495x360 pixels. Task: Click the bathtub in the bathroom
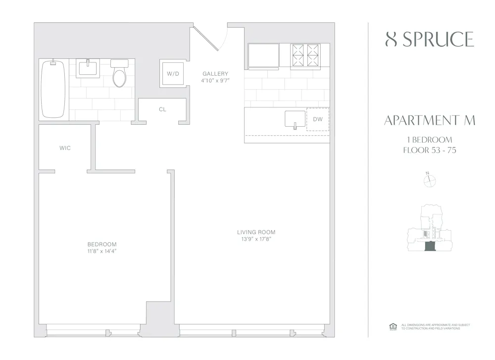point(53,89)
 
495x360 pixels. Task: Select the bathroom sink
point(88,68)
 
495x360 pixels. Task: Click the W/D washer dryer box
point(173,74)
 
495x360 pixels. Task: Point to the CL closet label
point(162,109)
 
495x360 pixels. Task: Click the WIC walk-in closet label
point(65,148)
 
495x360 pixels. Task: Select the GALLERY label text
point(215,74)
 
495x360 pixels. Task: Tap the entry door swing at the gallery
point(211,38)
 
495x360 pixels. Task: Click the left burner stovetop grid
point(298,54)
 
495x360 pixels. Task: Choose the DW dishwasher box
point(317,119)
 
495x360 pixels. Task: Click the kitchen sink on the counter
point(295,119)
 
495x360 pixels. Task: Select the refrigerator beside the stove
point(263,55)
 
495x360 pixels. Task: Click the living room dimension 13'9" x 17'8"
point(256,239)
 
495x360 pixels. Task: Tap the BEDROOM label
point(102,244)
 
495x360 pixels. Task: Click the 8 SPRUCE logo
point(429,40)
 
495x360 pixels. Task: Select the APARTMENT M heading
point(429,120)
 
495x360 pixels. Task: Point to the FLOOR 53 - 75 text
point(429,150)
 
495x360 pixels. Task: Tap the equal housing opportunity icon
point(393,326)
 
